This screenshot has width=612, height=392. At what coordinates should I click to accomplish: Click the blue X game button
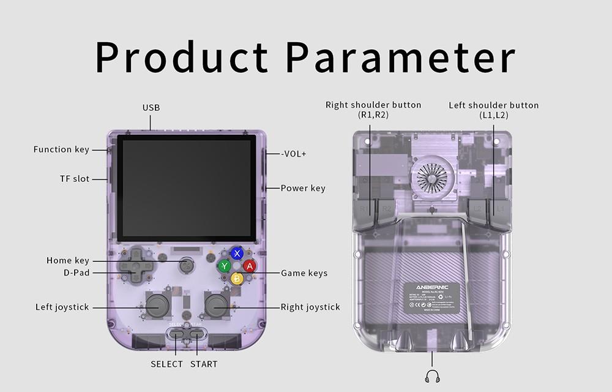point(237,254)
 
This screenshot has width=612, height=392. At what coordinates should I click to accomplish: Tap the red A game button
point(249,266)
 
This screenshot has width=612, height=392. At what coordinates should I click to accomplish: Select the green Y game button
point(225,266)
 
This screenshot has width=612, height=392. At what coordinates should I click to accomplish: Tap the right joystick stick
point(216,304)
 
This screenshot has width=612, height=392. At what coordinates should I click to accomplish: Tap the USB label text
point(151,108)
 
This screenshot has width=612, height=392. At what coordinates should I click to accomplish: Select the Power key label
point(303,188)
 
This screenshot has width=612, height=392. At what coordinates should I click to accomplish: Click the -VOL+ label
point(294,154)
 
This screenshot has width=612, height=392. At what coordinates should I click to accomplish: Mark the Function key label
point(61,149)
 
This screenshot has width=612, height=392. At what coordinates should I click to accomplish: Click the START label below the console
point(204,364)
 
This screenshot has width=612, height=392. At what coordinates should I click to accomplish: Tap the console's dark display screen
point(186,188)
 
